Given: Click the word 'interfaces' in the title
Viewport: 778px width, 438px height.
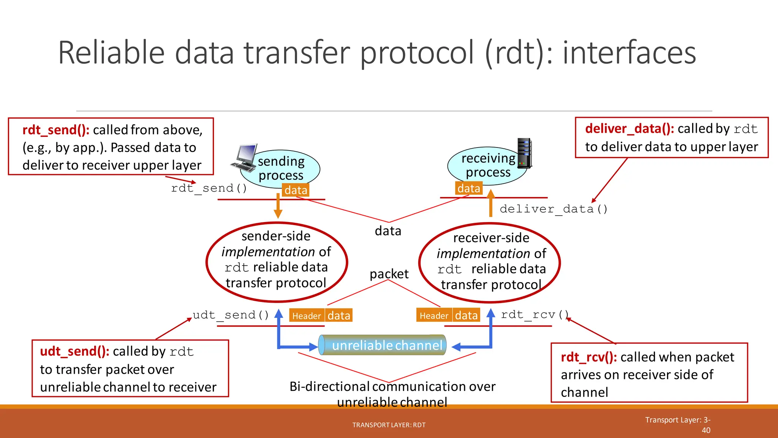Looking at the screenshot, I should (629, 53).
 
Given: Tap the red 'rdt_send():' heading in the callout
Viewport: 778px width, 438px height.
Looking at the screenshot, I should (56, 130).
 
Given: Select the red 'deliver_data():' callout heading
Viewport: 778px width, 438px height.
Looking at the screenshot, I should (629, 129).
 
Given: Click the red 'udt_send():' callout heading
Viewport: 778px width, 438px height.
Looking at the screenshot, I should (74, 351).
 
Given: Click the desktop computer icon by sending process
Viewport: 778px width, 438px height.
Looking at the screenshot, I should (244, 158).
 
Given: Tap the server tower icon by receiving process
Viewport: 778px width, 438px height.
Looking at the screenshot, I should (525, 153).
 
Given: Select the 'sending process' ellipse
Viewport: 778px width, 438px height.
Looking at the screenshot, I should (281, 168).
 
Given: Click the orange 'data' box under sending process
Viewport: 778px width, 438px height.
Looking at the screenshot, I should (296, 190).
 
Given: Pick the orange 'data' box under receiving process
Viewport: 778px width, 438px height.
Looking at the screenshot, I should (469, 189).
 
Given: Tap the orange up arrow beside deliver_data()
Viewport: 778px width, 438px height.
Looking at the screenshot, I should (490, 203).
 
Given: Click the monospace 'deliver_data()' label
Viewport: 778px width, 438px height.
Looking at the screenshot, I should (553, 209).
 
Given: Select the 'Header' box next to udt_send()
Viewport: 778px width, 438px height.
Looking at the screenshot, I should (307, 316).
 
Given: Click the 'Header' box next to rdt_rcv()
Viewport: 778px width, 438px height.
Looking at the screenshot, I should (434, 316).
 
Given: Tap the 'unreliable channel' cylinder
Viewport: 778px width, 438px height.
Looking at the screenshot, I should (383, 345).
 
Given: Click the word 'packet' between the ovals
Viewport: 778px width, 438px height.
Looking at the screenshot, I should (389, 274).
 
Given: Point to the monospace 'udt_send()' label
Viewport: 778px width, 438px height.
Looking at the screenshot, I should (231, 315).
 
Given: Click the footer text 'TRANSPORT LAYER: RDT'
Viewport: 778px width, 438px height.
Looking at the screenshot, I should (389, 425).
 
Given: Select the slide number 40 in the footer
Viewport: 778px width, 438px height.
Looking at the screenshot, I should (706, 430).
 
